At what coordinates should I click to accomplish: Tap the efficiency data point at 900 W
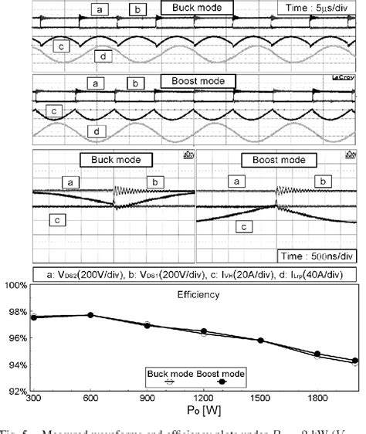point(147,325)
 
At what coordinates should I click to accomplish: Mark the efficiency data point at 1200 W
point(204,331)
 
